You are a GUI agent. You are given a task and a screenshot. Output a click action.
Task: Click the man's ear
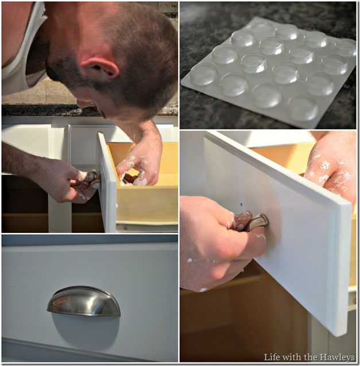tap(100, 68)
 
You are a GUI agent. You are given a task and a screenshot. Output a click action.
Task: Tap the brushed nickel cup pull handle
tap(84, 302)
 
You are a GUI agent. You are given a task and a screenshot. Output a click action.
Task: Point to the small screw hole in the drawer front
tap(241, 204)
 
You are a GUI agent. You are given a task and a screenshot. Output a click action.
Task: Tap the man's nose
tap(83, 103)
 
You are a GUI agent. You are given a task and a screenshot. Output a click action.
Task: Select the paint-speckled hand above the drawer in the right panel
tap(331, 168)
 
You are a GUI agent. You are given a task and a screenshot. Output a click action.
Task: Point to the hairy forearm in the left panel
tap(24, 159)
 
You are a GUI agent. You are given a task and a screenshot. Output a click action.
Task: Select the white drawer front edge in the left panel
tap(107, 182)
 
